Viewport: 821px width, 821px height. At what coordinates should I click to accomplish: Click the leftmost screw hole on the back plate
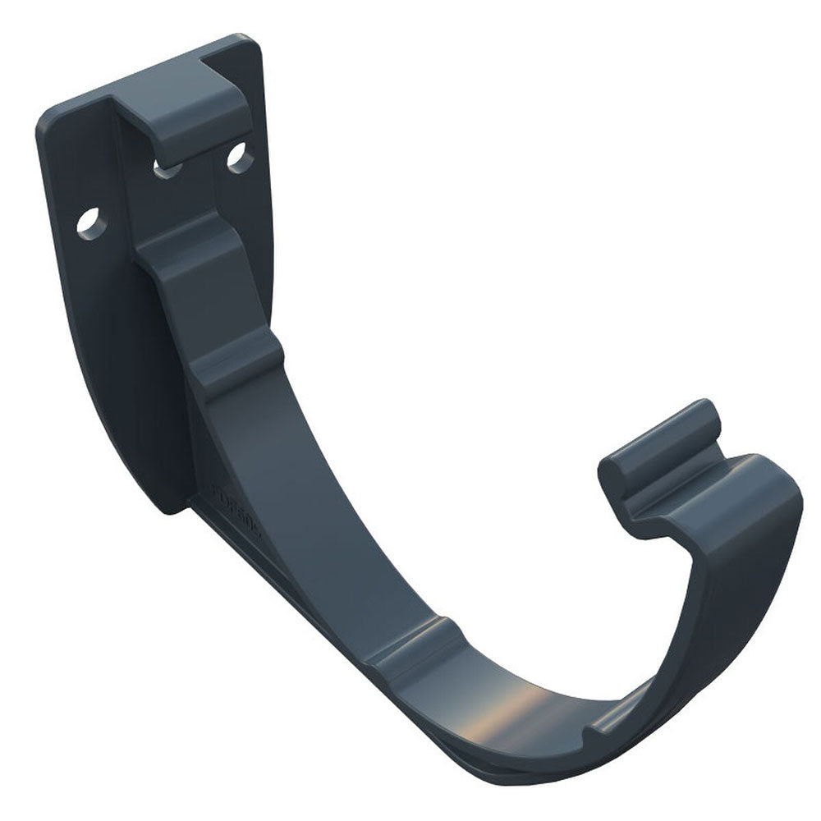tap(92, 222)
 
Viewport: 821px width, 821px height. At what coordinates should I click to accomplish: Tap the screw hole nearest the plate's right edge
tap(240, 158)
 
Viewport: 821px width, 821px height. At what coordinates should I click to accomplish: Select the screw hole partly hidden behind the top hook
tap(167, 168)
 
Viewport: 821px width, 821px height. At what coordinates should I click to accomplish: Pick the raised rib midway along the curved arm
tap(238, 369)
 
